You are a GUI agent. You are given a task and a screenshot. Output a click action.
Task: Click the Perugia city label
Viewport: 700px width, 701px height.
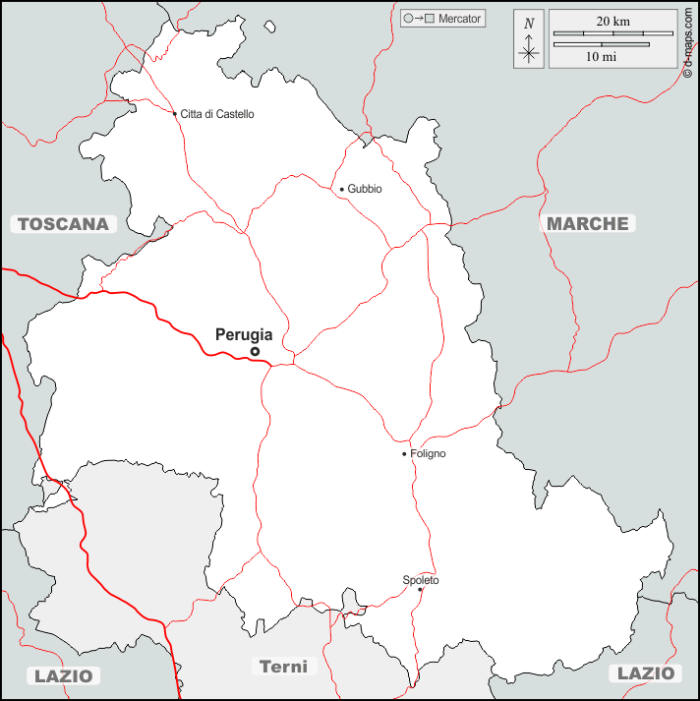pyautogui.click(x=244, y=334)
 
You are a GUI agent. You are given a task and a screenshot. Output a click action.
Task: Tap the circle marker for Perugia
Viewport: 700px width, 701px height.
pyautogui.click(x=255, y=351)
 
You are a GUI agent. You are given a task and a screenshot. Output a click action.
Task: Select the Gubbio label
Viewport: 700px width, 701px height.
pyautogui.click(x=365, y=189)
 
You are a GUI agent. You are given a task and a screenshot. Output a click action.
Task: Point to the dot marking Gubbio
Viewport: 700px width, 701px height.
pyautogui.click(x=342, y=189)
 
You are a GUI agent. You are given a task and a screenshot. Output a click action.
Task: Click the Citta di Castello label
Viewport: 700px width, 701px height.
pyautogui.click(x=217, y=114)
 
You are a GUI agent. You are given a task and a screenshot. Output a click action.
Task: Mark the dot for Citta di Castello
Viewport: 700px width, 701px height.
pyautogui.click(x=175, y=114)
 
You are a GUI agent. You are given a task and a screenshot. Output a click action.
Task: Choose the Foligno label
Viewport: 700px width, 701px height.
pyautogui.click(x=428, y=454)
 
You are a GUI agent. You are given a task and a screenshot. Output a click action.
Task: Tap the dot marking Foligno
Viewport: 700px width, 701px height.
pyautogui.click(x=404, y=454)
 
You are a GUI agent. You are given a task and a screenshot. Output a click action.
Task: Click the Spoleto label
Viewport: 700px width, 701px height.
pyautogui.click(x=421, y=580)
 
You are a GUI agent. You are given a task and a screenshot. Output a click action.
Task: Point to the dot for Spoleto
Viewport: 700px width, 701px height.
pyautogui.click(x=420, y=590)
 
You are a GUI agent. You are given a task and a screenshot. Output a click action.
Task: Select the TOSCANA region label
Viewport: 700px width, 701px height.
pyautogui.click(x=63, y=224)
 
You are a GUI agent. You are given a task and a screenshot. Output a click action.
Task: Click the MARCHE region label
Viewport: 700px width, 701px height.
pyautogui.click(x=588, y=223)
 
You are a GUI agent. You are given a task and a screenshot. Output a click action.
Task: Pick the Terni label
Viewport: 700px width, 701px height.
pyautogui.click(x=283, y=667)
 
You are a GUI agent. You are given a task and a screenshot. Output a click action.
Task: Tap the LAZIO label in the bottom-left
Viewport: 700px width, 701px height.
pyautogui.click(x=63, y=675)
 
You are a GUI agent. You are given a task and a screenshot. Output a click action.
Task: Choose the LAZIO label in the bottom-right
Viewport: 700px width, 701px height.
pyautogui.click(x=646, y=673)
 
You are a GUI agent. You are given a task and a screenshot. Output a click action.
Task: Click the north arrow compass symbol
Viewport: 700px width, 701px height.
pyautogui.click(x=529, y=40)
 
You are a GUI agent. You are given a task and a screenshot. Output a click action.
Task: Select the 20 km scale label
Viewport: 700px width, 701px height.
pyautogui.click(x=612, y=22)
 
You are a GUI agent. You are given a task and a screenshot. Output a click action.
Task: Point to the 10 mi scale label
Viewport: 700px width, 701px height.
pyautogui.click(x=601, y=57)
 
